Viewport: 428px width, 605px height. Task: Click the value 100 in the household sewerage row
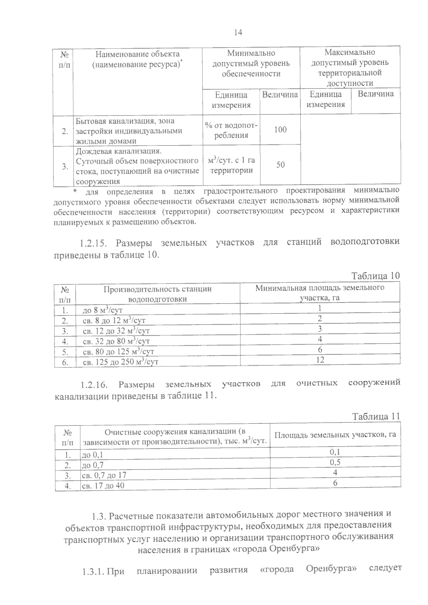click(280, 129)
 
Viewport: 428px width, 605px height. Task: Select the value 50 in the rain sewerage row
click(281, 164)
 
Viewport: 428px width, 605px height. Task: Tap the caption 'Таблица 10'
click(376, 276)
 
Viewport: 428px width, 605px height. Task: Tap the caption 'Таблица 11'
click(376, 416)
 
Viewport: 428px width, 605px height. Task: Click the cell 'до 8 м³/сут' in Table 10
click(103, 310)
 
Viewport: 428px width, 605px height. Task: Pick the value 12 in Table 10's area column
click(320, 360)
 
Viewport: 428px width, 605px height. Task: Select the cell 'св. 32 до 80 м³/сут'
click(116, 341)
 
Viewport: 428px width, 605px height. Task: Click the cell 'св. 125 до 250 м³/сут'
click(120, 362)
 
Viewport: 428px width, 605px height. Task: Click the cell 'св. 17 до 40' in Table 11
click(103, 485)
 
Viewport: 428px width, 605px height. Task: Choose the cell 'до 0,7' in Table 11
click(93, 465)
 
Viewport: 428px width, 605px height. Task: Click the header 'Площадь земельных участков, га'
click(335, 434)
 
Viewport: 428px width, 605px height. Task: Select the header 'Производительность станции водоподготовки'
click(157, 294)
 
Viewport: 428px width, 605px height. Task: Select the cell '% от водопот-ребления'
click(231, 130)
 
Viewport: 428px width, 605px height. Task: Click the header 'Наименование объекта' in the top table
click(137, 54)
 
